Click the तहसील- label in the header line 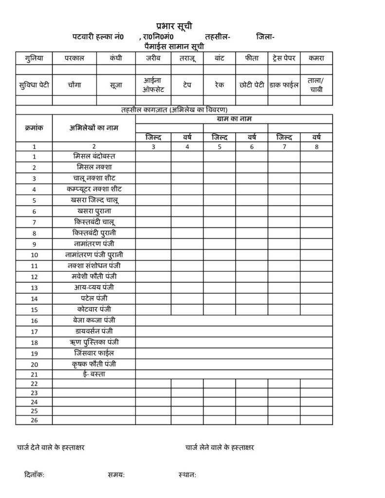click(x=218, y=36)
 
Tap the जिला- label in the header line click(x=265, y=36)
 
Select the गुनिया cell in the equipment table click(x=34, y=58)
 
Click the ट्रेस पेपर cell click(x=284, y=58)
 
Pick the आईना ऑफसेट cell click(x=153, y=85)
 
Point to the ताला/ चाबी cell click(x=316, y=85)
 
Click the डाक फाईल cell click(x=284, y=85)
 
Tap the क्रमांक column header click(x=34, y=128)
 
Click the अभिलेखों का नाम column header click(x=94, y=128)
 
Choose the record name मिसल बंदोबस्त click(x=94, y=156)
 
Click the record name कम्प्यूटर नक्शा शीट click(x=94, y=188)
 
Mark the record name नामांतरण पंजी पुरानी click(x=94, y=254)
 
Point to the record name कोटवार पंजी click(x=94, y=309)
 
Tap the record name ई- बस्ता click(x=94, y=374)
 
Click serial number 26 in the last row click(x=34, y=420)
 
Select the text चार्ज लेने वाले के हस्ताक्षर click(x=220, y=447)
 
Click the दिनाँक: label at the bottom click(x=35, y=475)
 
